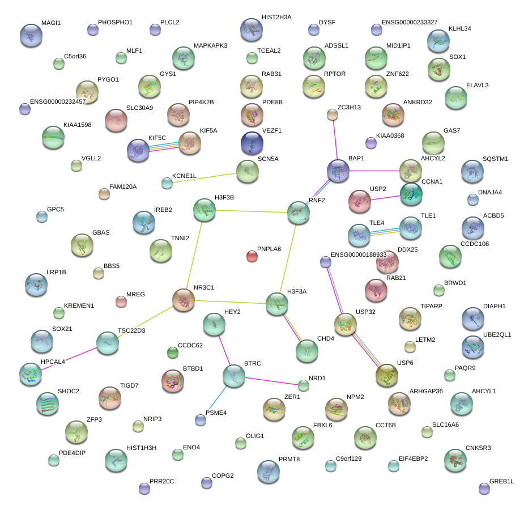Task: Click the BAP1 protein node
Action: pyautogui.click(x=338, y=170)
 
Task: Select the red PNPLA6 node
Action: pyautogui.click(x=252, y=256)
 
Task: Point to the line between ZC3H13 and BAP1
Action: pyautogui.click(x=335, y=139)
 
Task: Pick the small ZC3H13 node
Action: pyautogui.click(x=333, y=115)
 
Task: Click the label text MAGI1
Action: pyautogui.click(x=51, y=23)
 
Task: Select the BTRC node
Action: pyautogui.click(x=234, y=375)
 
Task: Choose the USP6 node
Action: pyautogui.click(x=387, y=375)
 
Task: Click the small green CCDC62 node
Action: pyautogui.click(x=173, y=352)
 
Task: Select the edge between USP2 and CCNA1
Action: pyautogui.click(x=385, y=197)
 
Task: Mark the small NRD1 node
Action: pyautogui.click(x=304, y=386)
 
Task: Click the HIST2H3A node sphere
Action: pyautogui.click(x=251, y=29)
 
